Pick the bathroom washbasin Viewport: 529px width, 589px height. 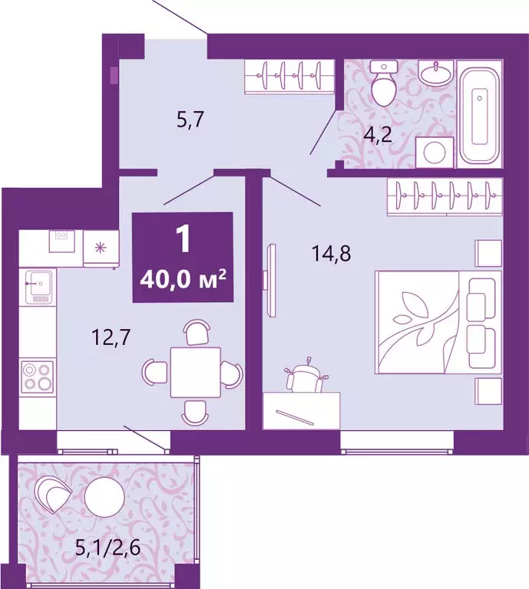tap(437, 75)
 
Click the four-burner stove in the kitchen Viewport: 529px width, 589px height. tap(38, 377)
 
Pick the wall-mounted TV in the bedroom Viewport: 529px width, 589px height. tap(267, 278)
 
